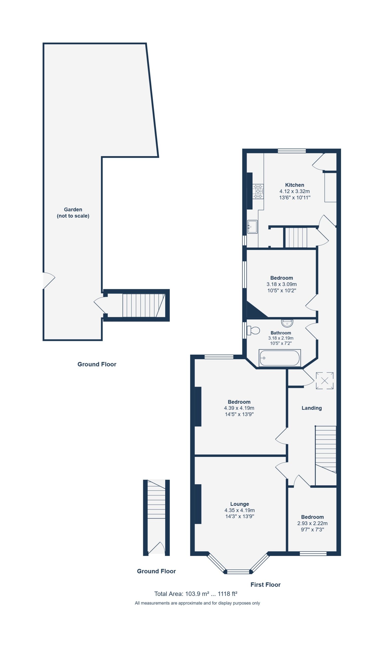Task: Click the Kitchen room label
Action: (295, 185)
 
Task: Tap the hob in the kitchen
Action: (258, 191)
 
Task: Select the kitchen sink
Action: (252, 227)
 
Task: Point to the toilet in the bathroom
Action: (253, 330)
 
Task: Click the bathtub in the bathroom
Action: (280, 358)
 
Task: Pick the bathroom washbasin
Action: (287, 323)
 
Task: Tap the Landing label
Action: (312, 408)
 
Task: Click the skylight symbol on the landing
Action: (324, 380)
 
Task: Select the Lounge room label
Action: (239, 504)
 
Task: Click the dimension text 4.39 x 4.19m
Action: (239, 408)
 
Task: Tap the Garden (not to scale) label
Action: (73, 213)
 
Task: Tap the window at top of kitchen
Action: (292, 151)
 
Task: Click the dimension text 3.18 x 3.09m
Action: (281, 284)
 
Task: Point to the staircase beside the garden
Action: (144, 305)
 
